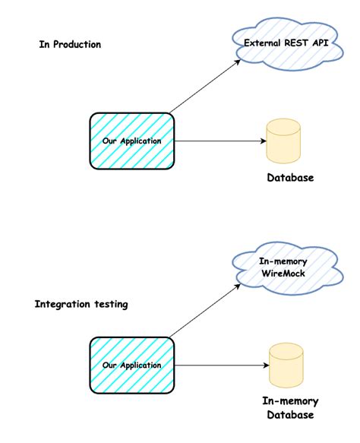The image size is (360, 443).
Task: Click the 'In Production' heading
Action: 70,45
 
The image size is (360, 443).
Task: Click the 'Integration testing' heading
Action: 81,304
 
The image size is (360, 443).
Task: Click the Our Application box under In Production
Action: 132,141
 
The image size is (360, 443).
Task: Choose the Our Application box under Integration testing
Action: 132,365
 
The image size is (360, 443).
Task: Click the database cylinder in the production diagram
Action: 283,141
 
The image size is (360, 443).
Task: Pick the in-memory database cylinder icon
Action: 287,365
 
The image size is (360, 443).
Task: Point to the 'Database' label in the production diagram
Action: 289,178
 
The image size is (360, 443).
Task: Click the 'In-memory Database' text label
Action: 290,408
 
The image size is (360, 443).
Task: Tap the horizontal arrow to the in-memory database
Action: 220,365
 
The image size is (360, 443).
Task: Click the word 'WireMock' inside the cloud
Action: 283,274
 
